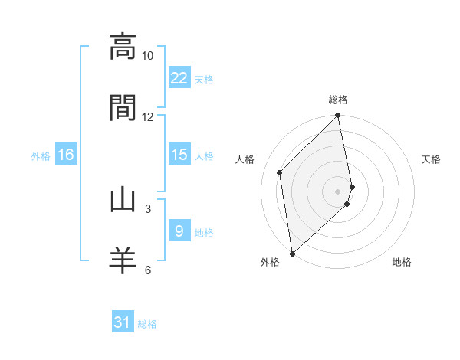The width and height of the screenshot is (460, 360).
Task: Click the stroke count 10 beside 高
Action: [148, 56]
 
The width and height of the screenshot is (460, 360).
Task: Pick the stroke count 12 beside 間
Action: [148, 117]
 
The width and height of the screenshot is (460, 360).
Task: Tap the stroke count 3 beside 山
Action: [148, 208]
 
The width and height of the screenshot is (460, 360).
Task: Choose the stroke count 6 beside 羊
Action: [148, 270]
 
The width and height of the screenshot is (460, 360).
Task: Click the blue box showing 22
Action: [179, 78]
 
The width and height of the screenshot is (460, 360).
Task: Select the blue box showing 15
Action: [179, 155]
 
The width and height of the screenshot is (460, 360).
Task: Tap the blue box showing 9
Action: [179, 231]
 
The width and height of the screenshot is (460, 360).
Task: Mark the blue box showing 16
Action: [66, 155]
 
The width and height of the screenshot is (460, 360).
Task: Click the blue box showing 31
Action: [123, 322]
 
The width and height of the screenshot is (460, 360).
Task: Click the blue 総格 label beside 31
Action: [147, 324]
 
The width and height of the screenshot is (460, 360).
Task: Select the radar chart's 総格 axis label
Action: [338, 100]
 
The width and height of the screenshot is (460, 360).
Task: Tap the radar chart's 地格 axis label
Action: [402, 262]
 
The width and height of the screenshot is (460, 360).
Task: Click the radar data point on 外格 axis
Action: [292, 253]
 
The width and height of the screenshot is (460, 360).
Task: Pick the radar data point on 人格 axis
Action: [280, 172]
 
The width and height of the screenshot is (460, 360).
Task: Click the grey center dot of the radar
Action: [338, 191]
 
